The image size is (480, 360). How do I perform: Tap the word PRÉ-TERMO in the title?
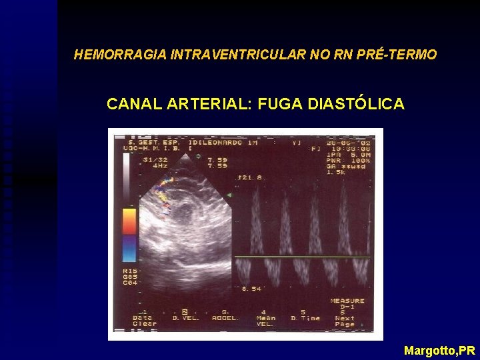(399, 55)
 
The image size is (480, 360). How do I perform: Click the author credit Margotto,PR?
(439, 350)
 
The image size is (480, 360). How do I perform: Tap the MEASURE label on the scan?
(347, 301)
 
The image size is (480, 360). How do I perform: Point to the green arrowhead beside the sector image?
(229, 195)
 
